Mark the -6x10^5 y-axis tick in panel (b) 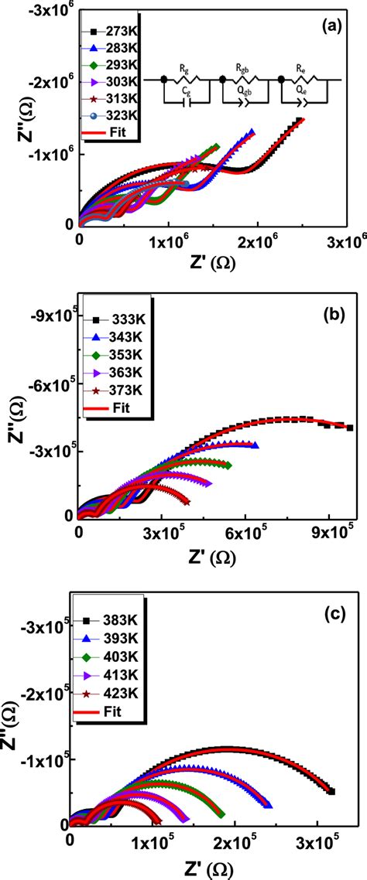click(53, 384)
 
